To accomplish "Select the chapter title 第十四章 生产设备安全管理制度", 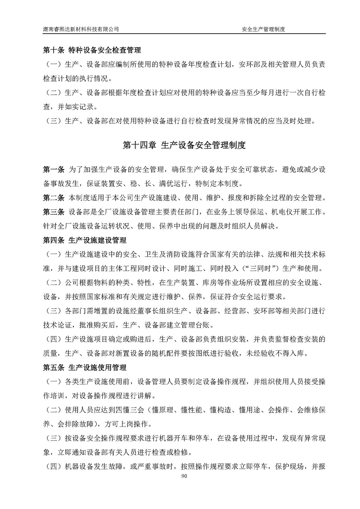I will point(184,145).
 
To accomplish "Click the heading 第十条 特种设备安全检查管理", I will point(92,50).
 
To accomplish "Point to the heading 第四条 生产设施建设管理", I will point(85,240).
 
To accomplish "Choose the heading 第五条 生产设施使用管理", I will point(85,367).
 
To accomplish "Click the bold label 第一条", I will point(54,169).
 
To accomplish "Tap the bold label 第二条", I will point(54,198).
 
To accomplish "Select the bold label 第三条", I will point(54,212).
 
